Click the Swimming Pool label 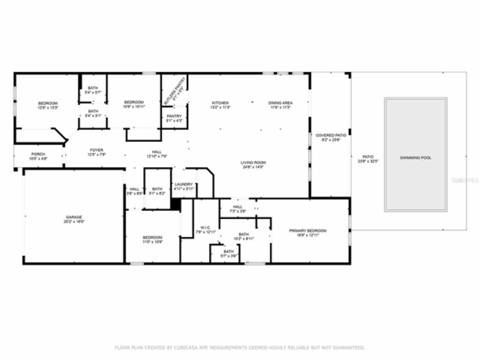click(415, 158)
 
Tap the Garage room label click(74, 217)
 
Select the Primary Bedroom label click(307, 231)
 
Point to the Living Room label click(253, 163)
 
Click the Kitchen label click(220, 103)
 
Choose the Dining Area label click(280, 103)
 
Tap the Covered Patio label click(330, 135)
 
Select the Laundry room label click(183, 184)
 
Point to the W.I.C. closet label click(205, 228)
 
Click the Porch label click(38, 154)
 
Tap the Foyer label click(96, 150)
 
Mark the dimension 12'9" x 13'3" click(48, 108)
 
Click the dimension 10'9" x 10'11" click(134, 106)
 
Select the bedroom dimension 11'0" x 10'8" click(152, 241)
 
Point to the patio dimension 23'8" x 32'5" click(368, 161)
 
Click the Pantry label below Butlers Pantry click(174, 116)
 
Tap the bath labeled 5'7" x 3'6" click(229, 252)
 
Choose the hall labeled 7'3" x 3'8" click(238, 207)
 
